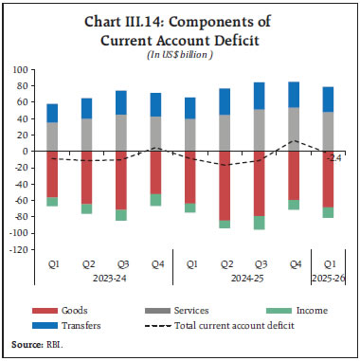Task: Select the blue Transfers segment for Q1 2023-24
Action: pyautogui.click(x=52, y=113)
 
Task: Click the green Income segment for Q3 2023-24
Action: pyautogui.click(x=121, y=214)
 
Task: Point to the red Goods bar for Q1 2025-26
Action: pyautogui.click(x=327, y=179)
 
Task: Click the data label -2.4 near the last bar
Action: pyautogui.click(x=334, y=157)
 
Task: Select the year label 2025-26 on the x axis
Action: pyautogui.click(x=327, y=280)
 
